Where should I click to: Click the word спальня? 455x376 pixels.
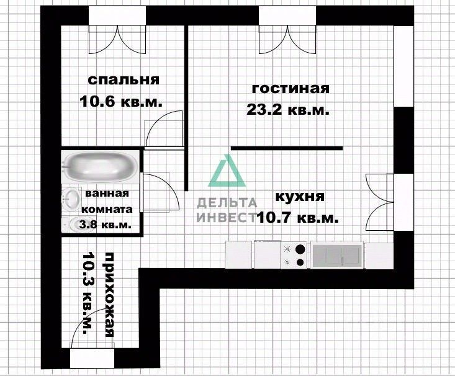click(x=124, y=80)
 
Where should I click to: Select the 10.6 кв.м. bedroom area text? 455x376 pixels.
click(x=121, y=102)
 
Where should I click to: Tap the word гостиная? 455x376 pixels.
click(x=289, y=88)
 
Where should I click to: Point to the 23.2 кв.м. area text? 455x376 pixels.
click(x=287, y=110)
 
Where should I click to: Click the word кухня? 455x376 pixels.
click(x=299, y=197)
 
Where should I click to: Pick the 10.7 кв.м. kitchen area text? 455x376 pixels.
click(x=297, y=218)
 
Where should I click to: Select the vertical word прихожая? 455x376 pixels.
click(x=109, y=294)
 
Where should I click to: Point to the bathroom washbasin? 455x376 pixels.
click(x=71, y=199)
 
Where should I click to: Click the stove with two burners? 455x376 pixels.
click(x=295, y=255)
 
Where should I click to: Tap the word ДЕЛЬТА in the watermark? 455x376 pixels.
click(x=227, y=202)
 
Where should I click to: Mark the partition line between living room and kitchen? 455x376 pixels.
click(x=287, y=148)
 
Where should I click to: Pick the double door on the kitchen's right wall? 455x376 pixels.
click(x=380, y=202)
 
